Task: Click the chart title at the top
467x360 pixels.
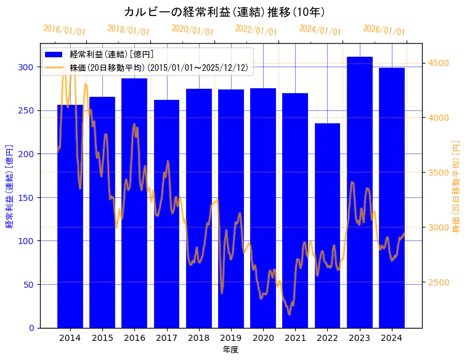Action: (224, 12)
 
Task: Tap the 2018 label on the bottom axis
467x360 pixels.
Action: (198, 338)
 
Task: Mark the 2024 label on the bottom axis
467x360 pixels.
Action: (392, 338)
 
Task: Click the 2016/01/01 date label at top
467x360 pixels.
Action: (65, 30)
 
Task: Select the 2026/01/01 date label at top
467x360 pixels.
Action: (384, 30)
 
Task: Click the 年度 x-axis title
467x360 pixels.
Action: (230, 350)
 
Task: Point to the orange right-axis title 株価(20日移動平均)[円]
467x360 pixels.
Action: (457, 185)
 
